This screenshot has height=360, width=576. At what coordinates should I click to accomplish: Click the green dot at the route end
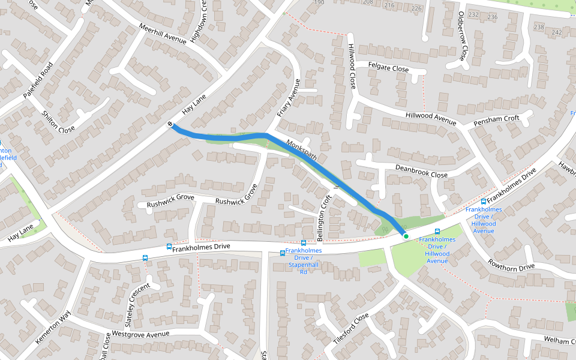[x=406, y=236]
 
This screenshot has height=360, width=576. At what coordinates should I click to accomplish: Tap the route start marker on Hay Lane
[x=171, y=124]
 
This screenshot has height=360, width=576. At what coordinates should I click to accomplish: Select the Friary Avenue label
[x=288, y=98]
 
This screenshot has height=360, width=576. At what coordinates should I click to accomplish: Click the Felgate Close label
[x=388, y=68]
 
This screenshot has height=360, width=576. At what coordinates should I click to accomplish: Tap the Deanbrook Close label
[x=421, y=170]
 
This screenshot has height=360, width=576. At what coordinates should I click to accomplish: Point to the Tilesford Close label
[x=350, y=328]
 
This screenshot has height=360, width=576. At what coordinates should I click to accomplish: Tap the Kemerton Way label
[x=53, y=328]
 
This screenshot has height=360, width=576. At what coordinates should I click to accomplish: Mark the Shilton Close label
[x=58, y=122]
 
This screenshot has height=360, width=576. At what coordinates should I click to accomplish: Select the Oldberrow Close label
[x=462, y=35]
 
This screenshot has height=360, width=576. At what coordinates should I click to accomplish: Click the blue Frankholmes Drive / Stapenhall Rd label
[x=304, y=260]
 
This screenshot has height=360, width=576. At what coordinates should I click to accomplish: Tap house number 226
[x=416, y=8]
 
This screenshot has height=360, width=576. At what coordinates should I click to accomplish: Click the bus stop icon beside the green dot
[x=437, y=231]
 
